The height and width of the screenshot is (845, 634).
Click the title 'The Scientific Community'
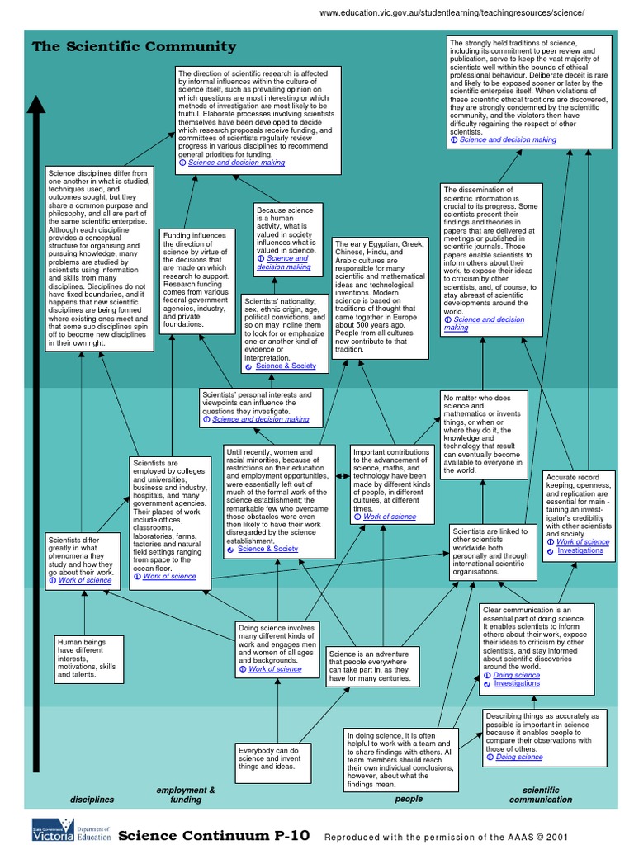pos(134,47)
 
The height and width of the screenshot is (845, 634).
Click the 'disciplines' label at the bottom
pos(92,800)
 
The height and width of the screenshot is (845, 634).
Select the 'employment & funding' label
pos(186,795)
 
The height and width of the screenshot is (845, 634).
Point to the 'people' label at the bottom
pos(409,799)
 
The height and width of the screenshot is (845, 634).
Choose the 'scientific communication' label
pos(541,795)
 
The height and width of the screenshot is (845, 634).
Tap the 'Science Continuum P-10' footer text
pos(214,834)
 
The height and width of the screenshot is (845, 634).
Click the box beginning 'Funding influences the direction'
pos(195,280)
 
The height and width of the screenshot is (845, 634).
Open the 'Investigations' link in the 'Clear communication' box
pos(517,683)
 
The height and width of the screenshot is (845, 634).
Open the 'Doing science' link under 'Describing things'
pos(518,757)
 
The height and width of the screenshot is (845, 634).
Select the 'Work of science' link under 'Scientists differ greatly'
pos(84,580)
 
